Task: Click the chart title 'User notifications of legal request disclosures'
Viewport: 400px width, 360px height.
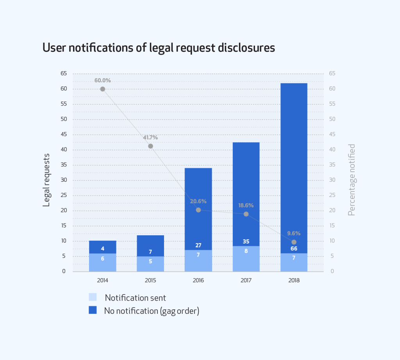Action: [159, 48]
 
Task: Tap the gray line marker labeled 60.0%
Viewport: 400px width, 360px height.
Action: [102, 89]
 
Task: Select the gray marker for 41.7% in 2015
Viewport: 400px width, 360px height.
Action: [150, 146]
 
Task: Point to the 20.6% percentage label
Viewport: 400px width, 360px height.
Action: [198, 201]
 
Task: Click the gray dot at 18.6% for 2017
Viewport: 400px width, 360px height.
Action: [246, 214]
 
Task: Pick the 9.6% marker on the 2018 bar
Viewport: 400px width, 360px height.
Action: [294, 242]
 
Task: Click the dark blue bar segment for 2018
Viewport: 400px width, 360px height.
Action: [294, 156]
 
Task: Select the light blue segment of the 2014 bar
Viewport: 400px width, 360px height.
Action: [102, 263]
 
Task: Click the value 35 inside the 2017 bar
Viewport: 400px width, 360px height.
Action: [246, 242]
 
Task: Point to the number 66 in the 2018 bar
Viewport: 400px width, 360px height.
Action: [294, 249]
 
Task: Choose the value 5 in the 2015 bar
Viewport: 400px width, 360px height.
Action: [150, 261]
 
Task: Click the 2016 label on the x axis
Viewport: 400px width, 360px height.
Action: [198, 280]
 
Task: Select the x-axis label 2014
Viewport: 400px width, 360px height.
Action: [102, 280]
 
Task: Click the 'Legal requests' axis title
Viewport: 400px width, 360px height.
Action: [46, 180]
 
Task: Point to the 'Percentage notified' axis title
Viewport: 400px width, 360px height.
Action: [352, 180]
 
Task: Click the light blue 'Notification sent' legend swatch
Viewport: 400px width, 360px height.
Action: [93, 297]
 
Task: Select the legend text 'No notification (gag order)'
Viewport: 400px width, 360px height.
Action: [152, 311]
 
